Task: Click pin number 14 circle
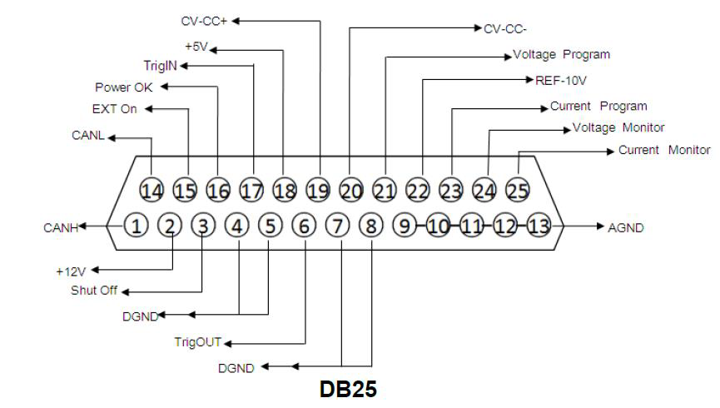click(151, 191)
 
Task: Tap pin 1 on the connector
click(137, 226)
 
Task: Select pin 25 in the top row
click(518, 191)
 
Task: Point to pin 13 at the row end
click(539, 226)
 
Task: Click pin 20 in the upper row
click(351, 191)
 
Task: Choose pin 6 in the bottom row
click(305, 226)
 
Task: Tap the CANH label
click(60, 226)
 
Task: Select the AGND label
click(627, 226)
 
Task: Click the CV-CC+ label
click(204, 18)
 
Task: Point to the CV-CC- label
click(505, 28)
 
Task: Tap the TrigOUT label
click(199, 341)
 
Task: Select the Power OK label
click(123, 87)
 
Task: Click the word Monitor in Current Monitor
click(688, 151)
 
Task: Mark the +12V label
click(72, 271)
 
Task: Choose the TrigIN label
click(161, 64)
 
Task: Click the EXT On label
click(114, 109)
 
